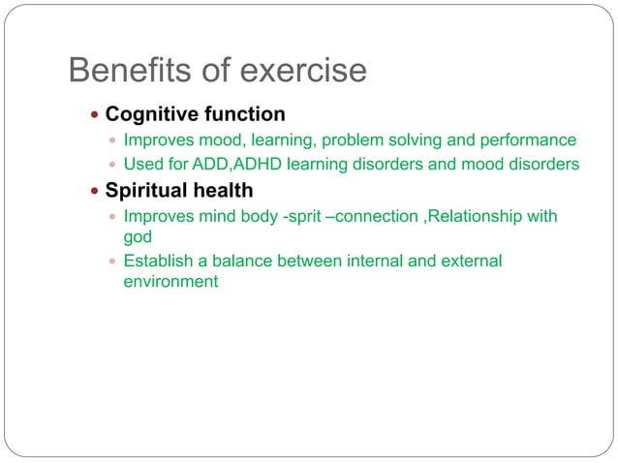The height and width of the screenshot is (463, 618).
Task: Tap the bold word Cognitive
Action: pyautogui.click(x=153, y=114)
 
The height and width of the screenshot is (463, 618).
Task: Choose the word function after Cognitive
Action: pyautogui.click(x=245, y=114)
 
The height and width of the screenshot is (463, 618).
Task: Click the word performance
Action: pyautogui.click(x=530, y=139)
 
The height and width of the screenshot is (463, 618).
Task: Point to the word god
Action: pyautogui.click(x=139, y=235)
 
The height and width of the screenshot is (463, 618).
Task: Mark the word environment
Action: pyautogui.click(x=170, y=282)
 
